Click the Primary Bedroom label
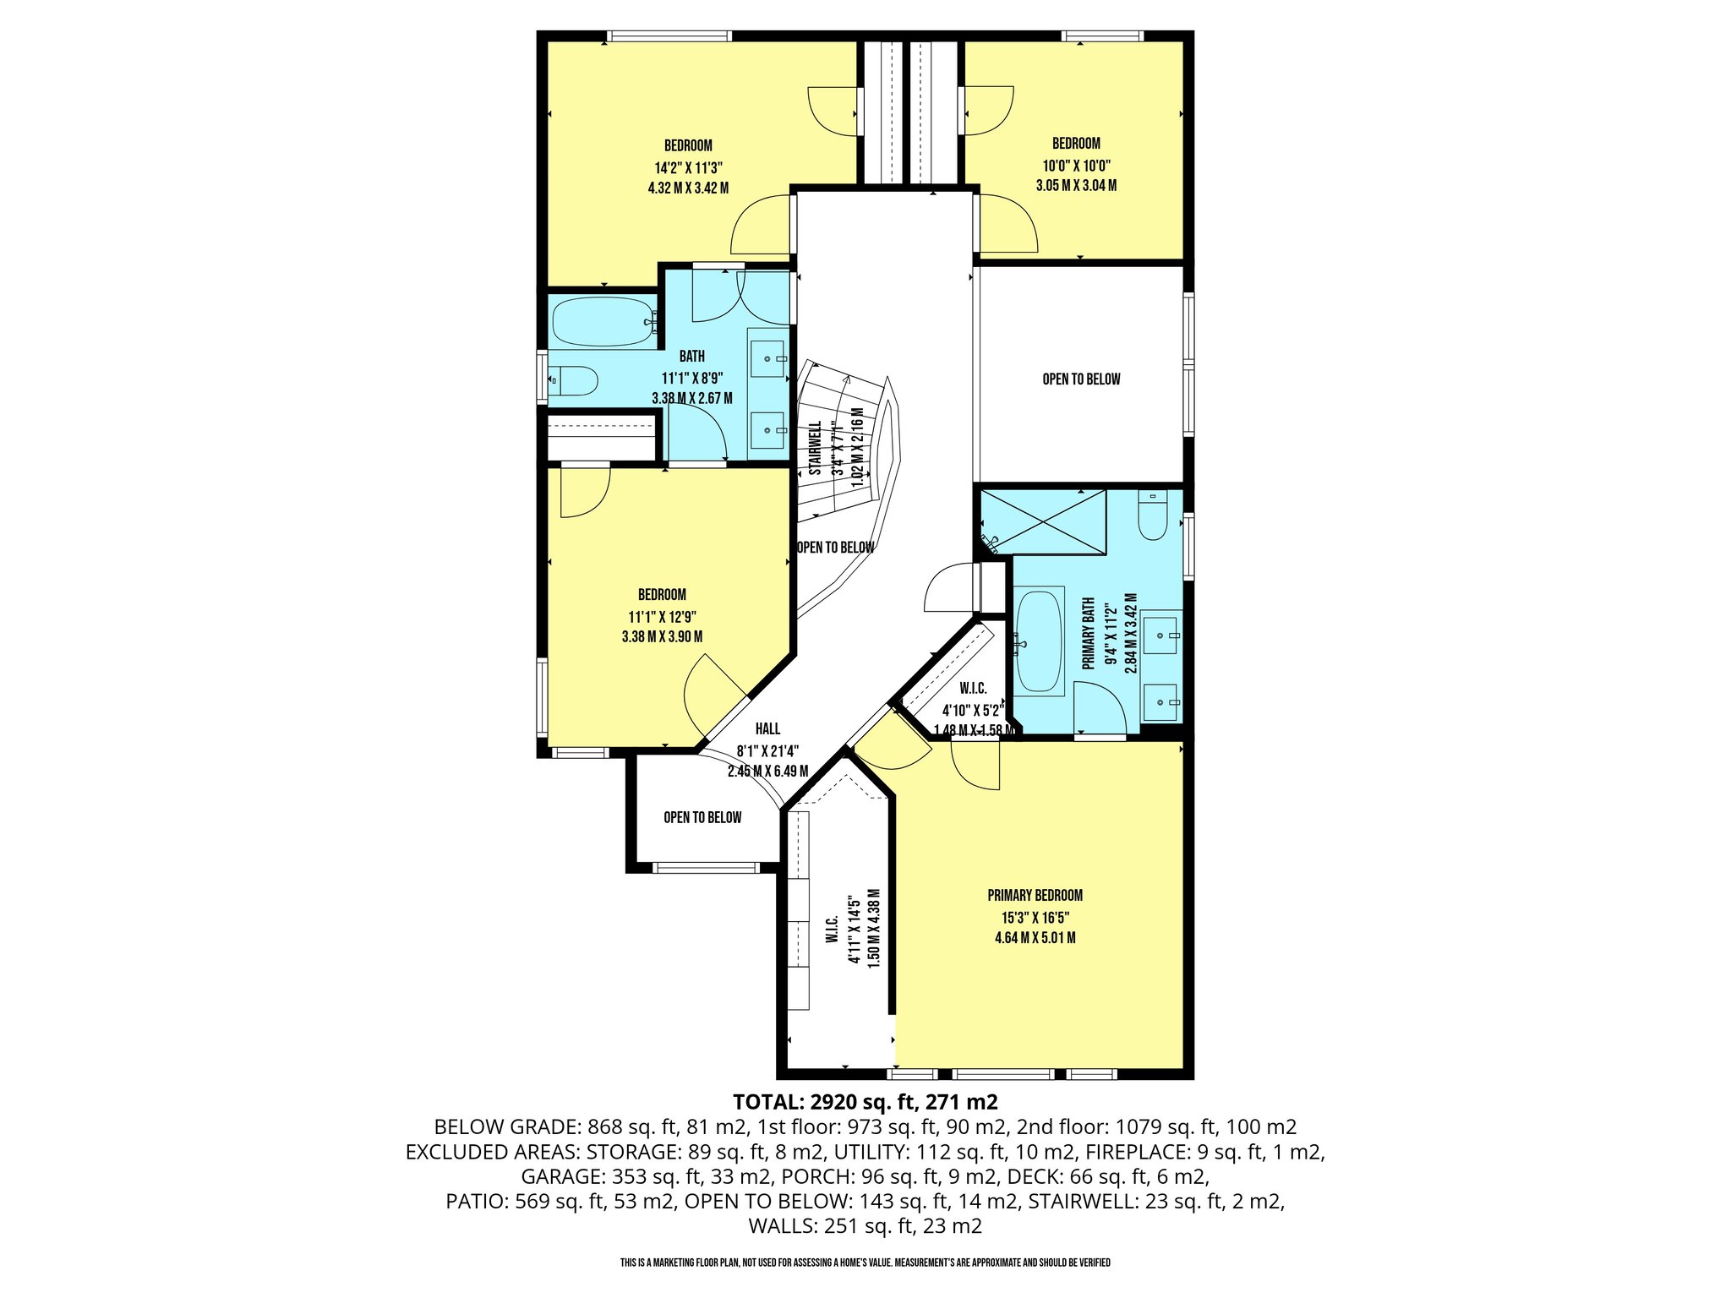(1035, 895)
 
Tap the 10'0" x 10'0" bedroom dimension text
(1076, 166)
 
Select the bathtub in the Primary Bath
(1038, 642)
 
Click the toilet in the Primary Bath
(1152, 515)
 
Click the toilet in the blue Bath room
(574, 380)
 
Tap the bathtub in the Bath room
(603, 321)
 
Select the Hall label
(767, 728)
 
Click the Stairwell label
(816, 449)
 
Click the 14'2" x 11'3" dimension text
(688, 167)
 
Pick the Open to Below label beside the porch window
(702, 817)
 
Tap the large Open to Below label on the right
(1081, 379)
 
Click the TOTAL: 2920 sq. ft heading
(865, 1102)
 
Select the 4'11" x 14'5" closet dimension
(855, 930)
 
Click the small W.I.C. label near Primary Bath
(973, 689)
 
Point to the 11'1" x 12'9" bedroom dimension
(662, 617)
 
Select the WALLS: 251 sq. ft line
(865, 1225)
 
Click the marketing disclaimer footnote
(865, 1263)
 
